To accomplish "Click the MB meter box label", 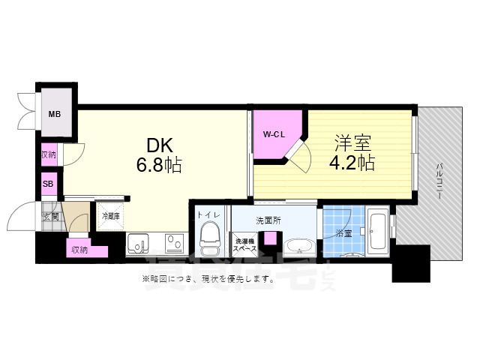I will click(x=55, y=115).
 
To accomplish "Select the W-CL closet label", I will click(x=271, y=134).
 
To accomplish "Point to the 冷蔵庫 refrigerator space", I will click(x=111, y=216).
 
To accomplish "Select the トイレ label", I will click(x=208, y=214).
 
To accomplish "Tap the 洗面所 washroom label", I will click(x=268, y=220).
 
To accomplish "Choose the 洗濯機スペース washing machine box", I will click(x=246, y=244).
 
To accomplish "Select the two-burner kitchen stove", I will click(x=175, y=244).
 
